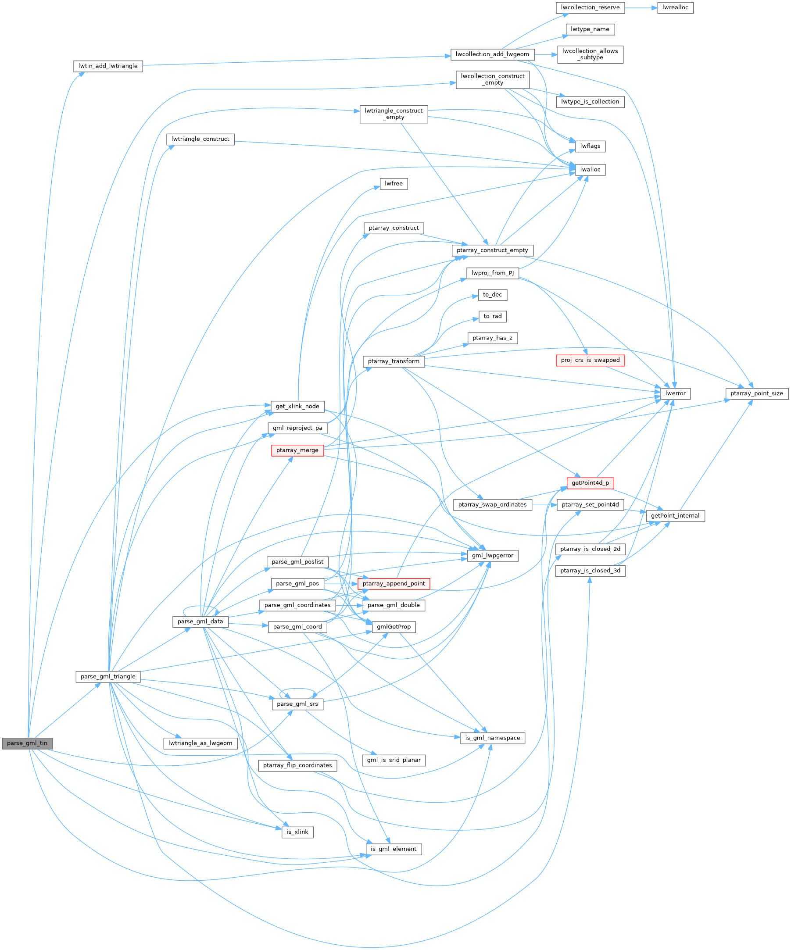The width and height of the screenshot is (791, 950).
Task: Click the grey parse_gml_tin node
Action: coord(27,743)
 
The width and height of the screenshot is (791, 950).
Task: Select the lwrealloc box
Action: coord(675,8)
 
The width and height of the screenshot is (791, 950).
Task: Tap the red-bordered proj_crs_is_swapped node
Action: coord(590,360)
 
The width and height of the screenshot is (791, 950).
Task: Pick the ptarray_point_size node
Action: coord(757,393)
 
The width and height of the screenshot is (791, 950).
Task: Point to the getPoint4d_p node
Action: coord(590,483)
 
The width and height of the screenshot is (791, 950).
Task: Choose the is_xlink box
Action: coord(297,832)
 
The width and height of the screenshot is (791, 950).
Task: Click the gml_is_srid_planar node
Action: coord(394,760)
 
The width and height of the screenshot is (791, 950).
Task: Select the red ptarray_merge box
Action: coord(297,450)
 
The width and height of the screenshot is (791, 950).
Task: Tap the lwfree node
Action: coord(394,184)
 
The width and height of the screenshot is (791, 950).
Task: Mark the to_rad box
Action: coord(492,316)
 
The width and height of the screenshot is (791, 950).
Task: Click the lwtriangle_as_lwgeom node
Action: coord(200,743)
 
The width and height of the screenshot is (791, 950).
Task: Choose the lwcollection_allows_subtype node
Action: coord(590,54)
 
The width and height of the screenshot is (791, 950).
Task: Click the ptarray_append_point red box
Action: coord(394,584)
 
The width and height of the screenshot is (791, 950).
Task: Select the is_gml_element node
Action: coord(394,849)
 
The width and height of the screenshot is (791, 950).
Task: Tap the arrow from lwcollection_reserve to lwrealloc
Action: coord(641,8)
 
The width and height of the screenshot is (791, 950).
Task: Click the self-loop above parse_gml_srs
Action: coord(297,689)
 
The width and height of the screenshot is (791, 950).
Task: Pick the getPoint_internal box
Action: coord(675,516)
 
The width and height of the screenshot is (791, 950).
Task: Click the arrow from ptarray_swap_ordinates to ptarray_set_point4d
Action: coord(544,505)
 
